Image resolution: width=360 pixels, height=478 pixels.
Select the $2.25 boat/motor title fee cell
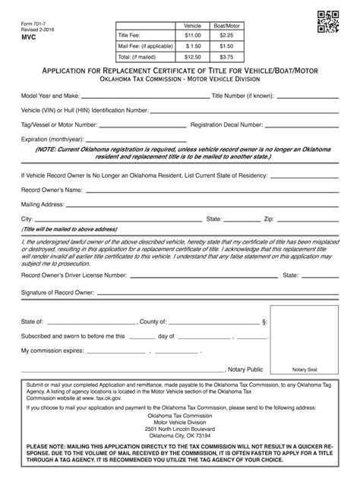pyautogui.click(x=226, y=35)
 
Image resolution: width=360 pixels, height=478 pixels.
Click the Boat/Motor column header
pyautogui.click(x=226, y=25)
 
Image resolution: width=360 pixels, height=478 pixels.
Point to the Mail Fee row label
pyautogui.click(x=144, y=46)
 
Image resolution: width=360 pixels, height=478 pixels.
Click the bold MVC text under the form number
pyautogui.click(x=29, y=36)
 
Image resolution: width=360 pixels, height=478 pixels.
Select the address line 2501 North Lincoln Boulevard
pyautogui.click(x=179, y=430)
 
